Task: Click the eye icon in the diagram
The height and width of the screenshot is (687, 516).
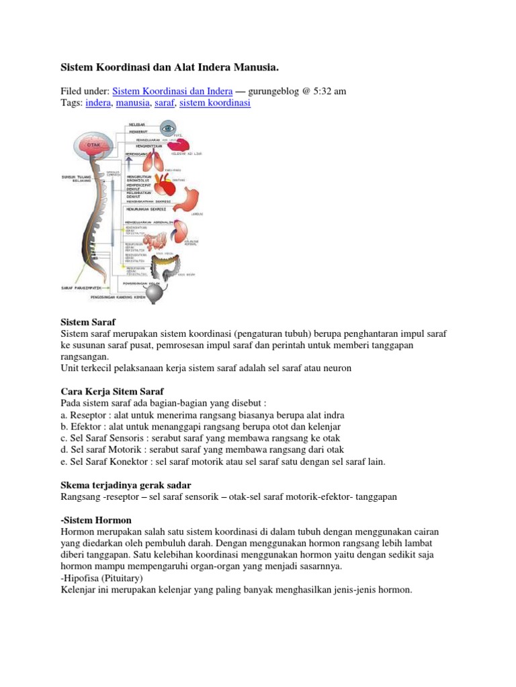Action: click(x=168, y=127)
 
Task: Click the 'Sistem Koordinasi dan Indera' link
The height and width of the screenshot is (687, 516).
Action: click(x=173, y=91)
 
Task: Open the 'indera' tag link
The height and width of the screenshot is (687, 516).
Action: click(x=98, y=103)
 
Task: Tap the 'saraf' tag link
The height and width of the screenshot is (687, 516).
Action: click(x=164, y=103)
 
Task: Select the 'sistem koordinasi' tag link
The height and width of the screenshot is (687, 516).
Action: click(x=215, y=103)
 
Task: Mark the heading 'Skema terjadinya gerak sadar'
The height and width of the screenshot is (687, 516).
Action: click(x=126, y=484)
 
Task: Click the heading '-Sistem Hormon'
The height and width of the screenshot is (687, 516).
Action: click(x=96, y=520)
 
